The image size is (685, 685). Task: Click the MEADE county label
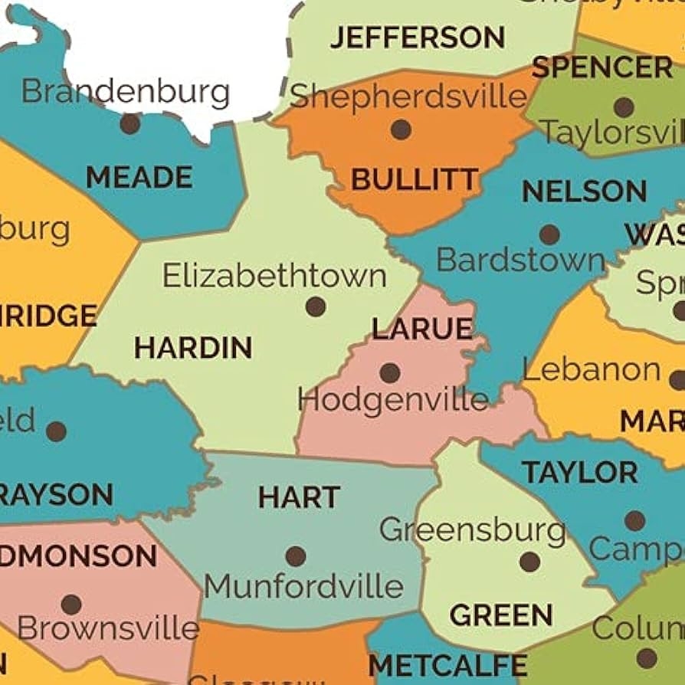pyautogui.click(x=139, y=178)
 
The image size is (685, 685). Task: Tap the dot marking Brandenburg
pyautogui.click(x=130, y=123)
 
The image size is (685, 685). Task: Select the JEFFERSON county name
pyautogui.click(x=418, y=37)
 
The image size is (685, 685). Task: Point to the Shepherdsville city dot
pyautogui.click(x=401, y=129)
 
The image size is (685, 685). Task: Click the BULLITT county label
pyautogui.click(x=415, y=181)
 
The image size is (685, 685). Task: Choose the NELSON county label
pyautogui.click(x=584, y=192)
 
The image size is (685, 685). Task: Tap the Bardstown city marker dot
pyautogui.click(x=549, y=234)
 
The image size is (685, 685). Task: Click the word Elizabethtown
pyautogui.click(x=274, y=276)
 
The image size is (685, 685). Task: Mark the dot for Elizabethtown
pyautogui.click(x=316, y=307)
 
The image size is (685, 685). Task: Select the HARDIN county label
pyautogui.click(x=193, y=349)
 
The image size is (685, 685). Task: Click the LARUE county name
pyautogui.click(x=422, y=329)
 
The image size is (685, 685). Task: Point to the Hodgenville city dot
pyautogui.click(x=390, y=373)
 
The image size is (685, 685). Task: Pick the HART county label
pyautogui.click(x=299, y=498)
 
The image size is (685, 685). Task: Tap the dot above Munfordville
pyautogui.click(x=296, y=556)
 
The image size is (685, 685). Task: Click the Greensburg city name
pyautogui.click(x=472, y=529)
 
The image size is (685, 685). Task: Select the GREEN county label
pyautogui.click(x=501, y=615)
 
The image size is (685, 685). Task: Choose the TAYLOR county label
pyautogui.click(x=580, y=473)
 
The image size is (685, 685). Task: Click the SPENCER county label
pyautogui.click(x=602, y=68)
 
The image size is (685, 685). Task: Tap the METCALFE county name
pyautogui.click(x=447, y=665)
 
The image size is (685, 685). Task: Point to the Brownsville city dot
pyautogui.click(x=71, y=605)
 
